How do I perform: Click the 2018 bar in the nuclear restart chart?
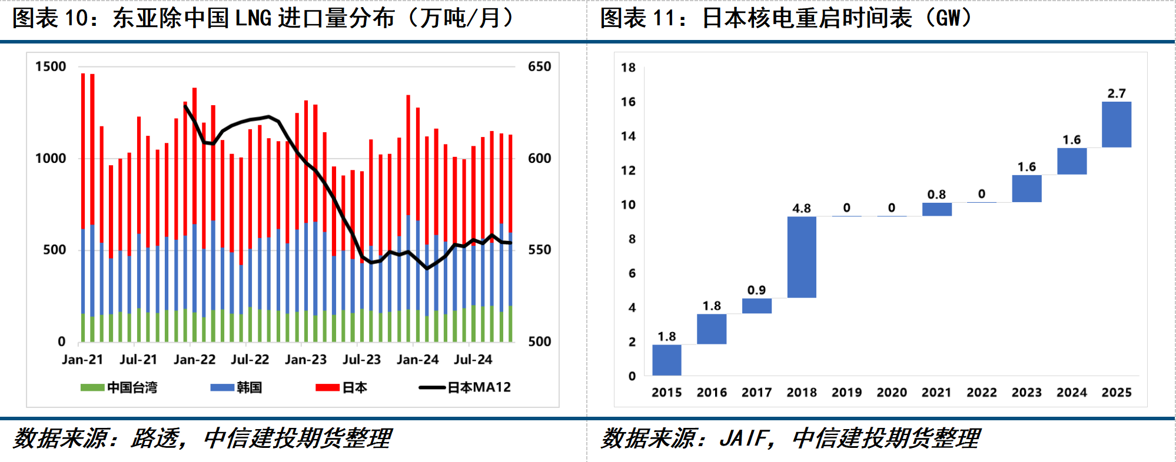[802, 257]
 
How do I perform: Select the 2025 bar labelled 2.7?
[1117, 125]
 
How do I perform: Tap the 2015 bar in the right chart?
[667, 360]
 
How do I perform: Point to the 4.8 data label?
[802, 208]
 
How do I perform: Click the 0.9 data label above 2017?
[757, 290]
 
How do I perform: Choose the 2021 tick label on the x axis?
[936, 392]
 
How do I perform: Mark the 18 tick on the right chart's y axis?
[629, 68]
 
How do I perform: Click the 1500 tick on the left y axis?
[51, 66]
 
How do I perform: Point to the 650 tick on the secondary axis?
[540, 66]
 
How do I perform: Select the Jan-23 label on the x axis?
[305, 359]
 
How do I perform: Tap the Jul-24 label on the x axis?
[473, 359]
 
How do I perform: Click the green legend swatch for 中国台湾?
[92, 387]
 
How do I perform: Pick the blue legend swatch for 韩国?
[222, 387]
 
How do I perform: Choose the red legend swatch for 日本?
[327, 387]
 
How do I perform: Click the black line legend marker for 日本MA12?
[431, 387]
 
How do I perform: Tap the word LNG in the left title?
[253, 18]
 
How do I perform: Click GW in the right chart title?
[948, 18]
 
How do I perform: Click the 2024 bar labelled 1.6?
[1072, 161]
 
